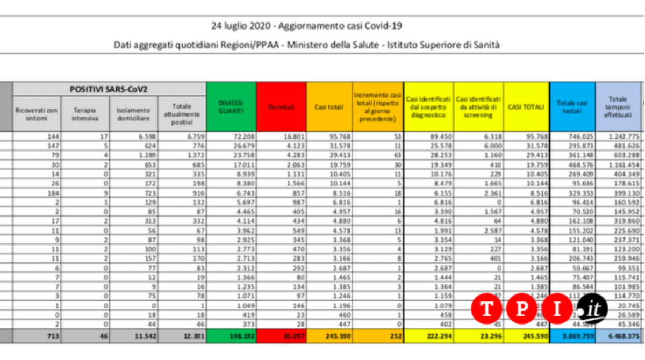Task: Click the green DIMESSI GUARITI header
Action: click(x=231, y=106)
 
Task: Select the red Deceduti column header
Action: click(x=281, y=107)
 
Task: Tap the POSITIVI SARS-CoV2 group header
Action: click(x=109, y=89)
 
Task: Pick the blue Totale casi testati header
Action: click(x=572, y=106)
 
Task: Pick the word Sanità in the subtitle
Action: click(x=486, y=45)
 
